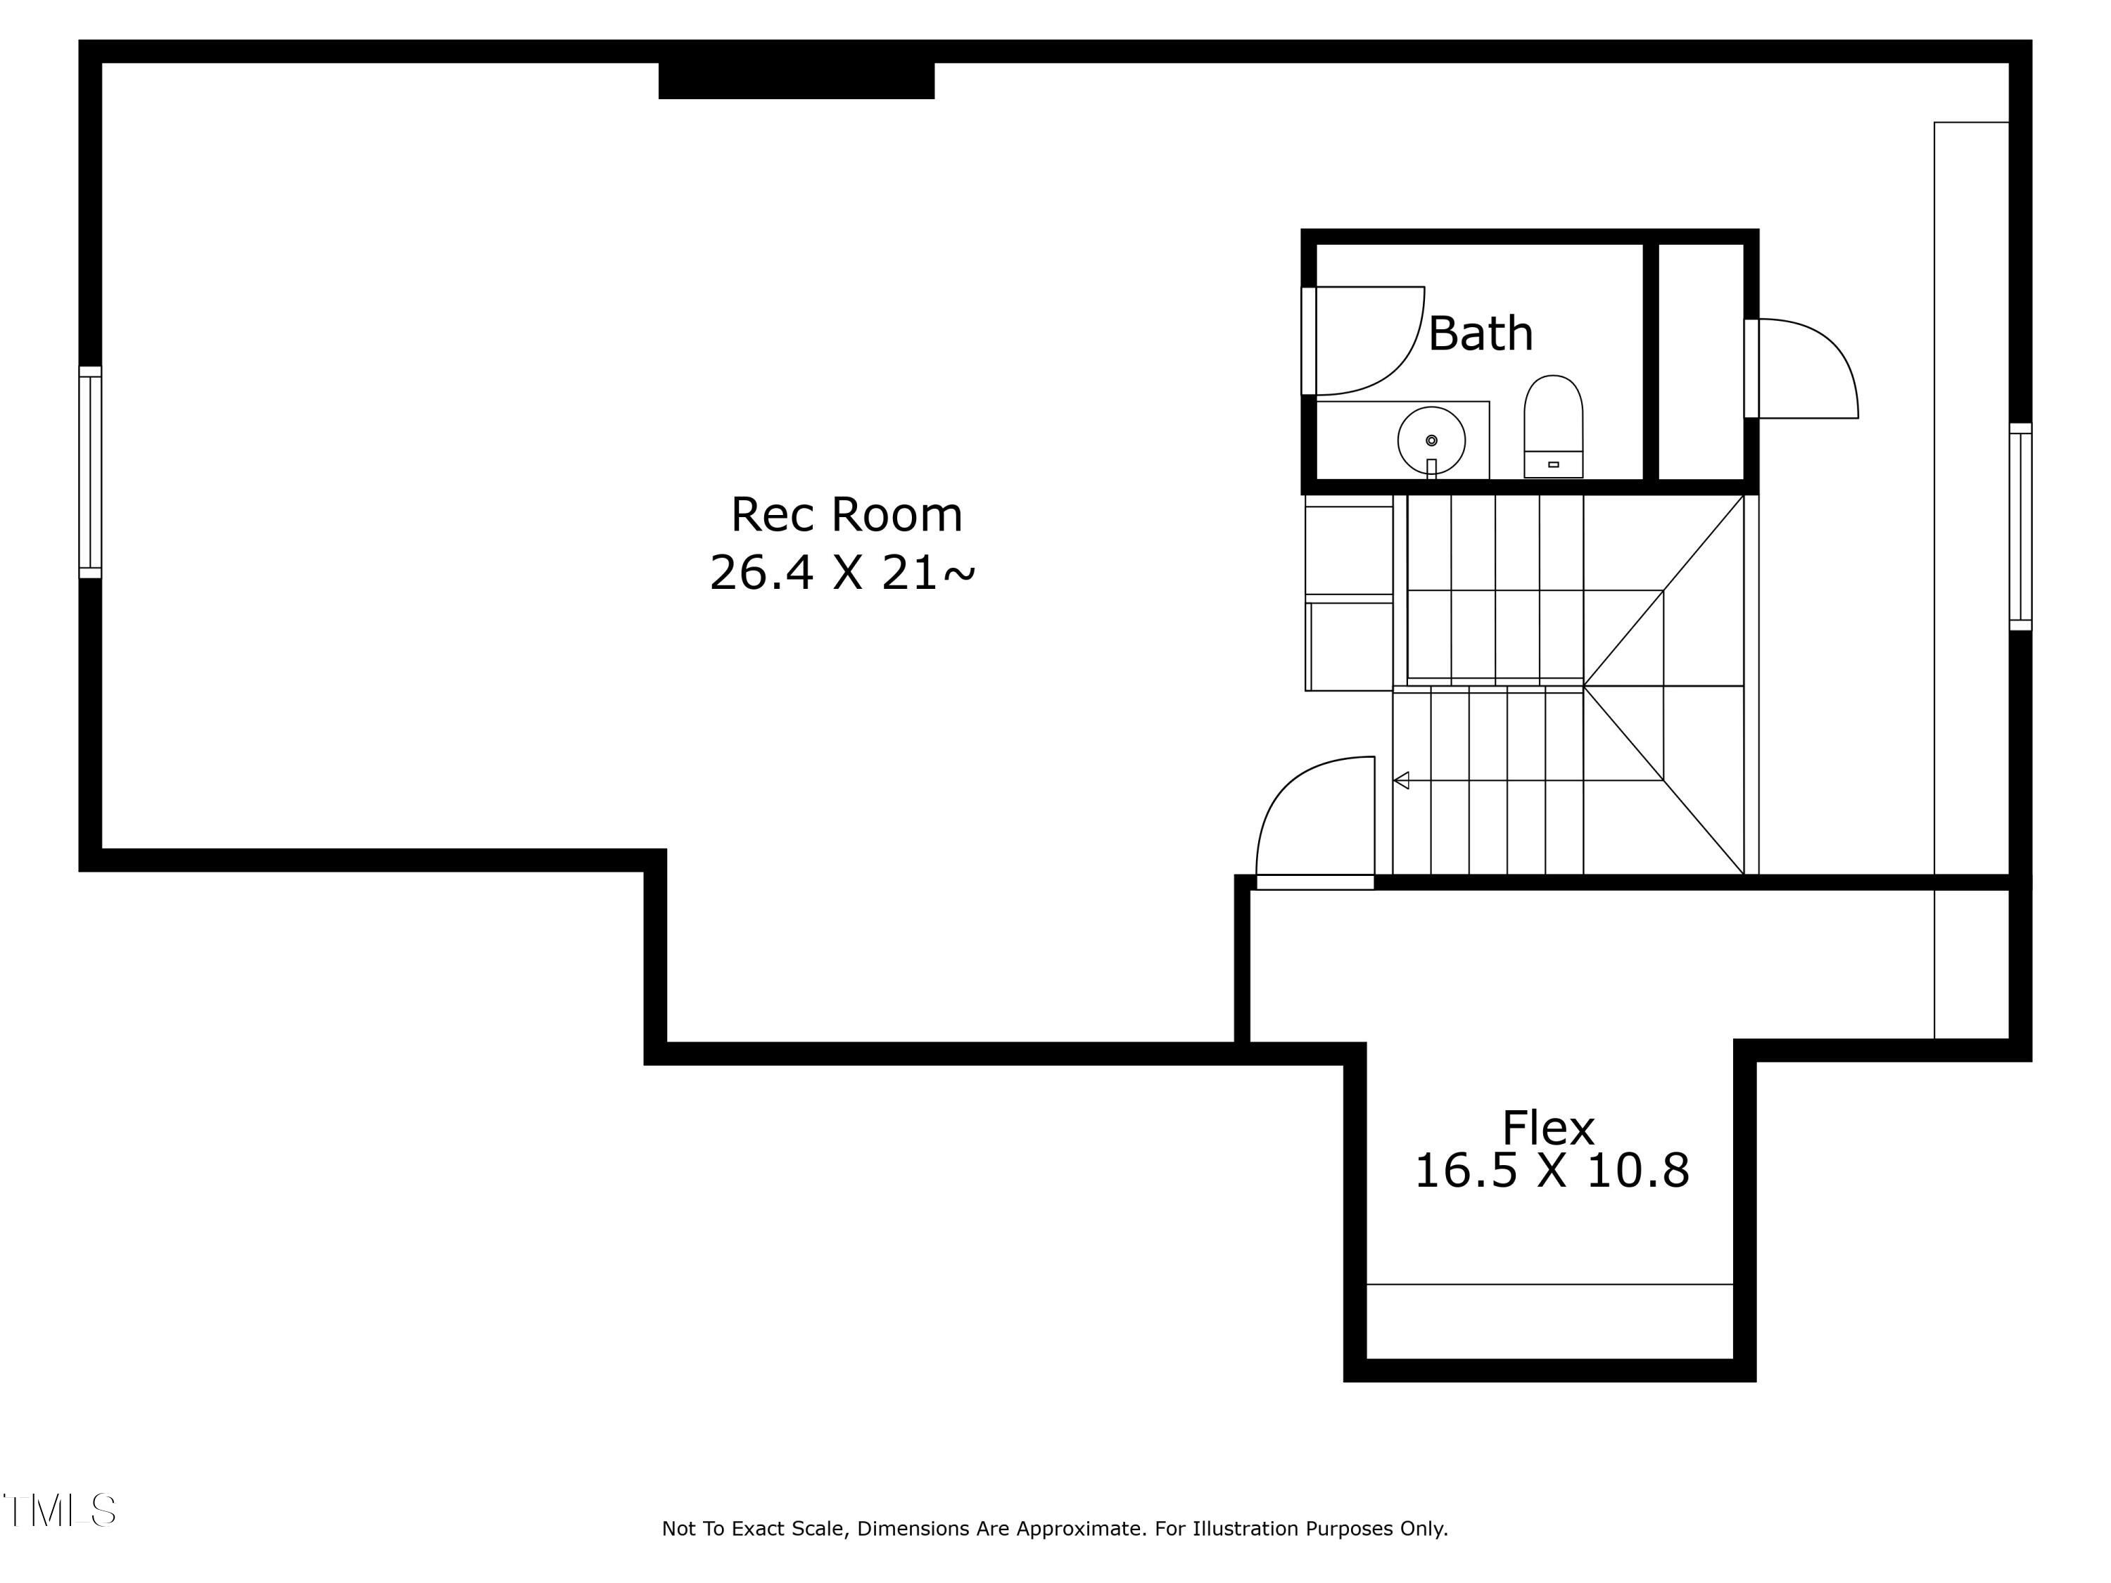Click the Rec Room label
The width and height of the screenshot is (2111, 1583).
[847, 515]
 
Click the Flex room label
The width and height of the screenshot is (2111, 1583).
[1548, 1128]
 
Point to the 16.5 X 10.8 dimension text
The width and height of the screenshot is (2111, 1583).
[1552, 1171]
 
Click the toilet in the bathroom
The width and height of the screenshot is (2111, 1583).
[1553, 426]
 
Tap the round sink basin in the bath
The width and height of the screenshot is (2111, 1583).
[1431, 440]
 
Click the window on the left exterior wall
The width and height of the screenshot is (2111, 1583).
[89, 472]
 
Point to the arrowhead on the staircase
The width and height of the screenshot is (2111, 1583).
[1401, 780]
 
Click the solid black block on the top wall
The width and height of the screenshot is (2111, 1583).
[796, 80]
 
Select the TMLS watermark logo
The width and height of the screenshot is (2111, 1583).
[59, 1511]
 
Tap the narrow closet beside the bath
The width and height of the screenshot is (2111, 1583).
[1701, 362]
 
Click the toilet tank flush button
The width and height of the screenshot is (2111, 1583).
[1553, 464]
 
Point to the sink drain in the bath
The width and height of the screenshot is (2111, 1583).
[1431, 440]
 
